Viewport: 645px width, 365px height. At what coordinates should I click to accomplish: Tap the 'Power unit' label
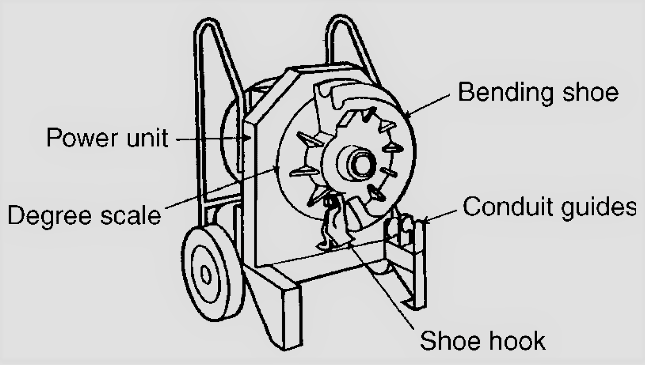click(x=107, y=138)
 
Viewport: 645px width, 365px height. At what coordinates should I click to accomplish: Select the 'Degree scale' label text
click(x=84, y=215)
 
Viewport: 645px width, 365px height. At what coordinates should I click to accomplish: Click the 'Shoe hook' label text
click(x=482, y=341)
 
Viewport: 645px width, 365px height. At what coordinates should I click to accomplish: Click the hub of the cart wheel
click(x=206, y=275)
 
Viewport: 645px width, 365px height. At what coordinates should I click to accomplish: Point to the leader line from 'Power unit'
click(x=211, y=139)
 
